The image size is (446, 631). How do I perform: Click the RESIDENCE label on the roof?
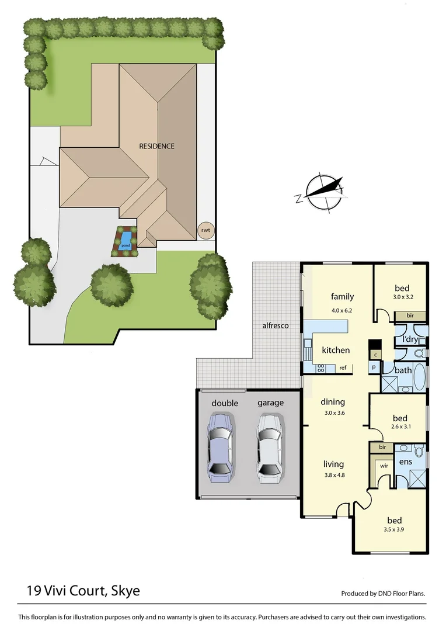tap(156, 146)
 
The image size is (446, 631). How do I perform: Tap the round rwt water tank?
tap(205, 230)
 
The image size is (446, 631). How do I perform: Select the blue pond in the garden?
tap(125, 240)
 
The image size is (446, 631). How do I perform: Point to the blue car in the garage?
tap(221, 446)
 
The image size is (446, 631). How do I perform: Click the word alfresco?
tap(275, 325)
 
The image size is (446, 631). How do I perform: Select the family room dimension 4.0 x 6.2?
tap(342, 311)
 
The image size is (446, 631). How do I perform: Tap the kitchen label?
tap(336, 350)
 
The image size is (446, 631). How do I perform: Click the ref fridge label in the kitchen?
tap(343, 368)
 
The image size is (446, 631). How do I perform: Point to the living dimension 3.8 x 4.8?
tap(333, 475)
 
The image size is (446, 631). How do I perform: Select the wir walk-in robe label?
tap(384, 466)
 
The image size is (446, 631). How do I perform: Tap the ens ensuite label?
tap(405, 462)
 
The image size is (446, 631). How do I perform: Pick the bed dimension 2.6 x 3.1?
tap(400, 427)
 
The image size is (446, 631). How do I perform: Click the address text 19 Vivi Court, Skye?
tap(83, 591)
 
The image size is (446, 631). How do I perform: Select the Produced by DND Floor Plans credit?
tap(383, 594)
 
